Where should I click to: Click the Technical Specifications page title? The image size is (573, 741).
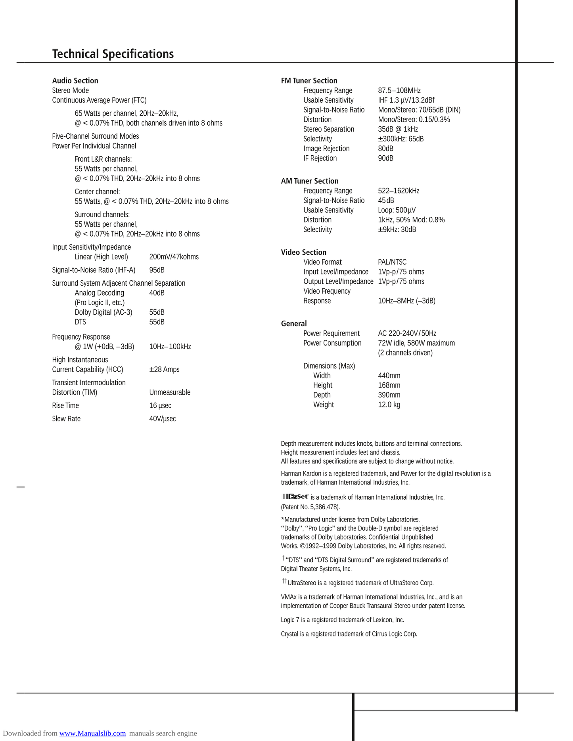point(113,54)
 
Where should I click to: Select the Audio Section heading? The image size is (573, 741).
point(75,81)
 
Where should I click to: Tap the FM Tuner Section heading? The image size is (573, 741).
point(309,81)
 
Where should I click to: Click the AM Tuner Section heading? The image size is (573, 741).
point(309,181)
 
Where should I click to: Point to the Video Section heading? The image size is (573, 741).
point(303,252)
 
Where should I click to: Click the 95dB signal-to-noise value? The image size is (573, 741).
point(157,270)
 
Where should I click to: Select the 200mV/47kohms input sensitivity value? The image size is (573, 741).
point(174,257)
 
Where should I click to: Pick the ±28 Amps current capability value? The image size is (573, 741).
point(164,370)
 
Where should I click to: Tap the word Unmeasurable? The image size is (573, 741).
point(170,392)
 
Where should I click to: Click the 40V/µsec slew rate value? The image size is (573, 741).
point(162,419)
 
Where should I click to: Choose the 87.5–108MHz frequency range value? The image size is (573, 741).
point(399,91)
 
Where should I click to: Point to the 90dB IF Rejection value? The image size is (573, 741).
point(385,159)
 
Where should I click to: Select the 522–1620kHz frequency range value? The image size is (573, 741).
point(398,191)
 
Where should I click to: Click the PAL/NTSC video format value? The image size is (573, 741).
point(392,262)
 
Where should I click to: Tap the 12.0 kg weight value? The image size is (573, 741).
point(389,405)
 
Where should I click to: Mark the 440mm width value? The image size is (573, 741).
point(389,376)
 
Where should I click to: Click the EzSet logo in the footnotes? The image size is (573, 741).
point(295,497)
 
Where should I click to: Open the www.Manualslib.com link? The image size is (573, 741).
point(92,733)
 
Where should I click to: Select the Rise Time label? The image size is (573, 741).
point(65,406)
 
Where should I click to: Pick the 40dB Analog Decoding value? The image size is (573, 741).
point(157,293)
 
